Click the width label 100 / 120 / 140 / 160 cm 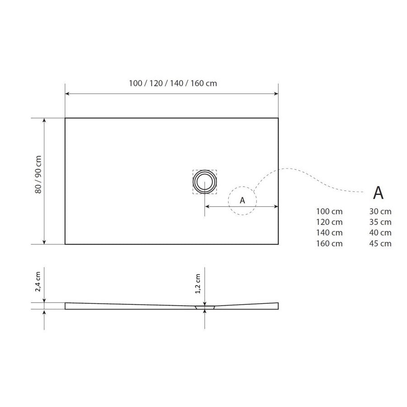pyautogui.click(x=173, y=83)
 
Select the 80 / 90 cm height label pyautogui.click(x=38, y=175)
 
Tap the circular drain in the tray pyautogui.click(x=205, y=182)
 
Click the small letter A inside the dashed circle pyautogui.click(x=242, y=200)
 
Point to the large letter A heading pyautogui.click(x=378, y=193)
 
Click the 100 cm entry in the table pyautogui.click(x=329, y=211)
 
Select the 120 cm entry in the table pyautogui.click(x=329, y=222)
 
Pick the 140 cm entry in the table pyautogui.click(x=329, y=233)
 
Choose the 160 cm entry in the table pyautogui.click(x=329, y=244)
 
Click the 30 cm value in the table pyautogui.click(x=380, y=211)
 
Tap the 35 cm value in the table pyautogui.click(x=380, y=222)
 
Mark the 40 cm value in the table pyautogui.click(x=380, y=233)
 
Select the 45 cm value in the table pyautogui.click(x=380, y=244)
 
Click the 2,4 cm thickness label pyautogui.click(x=38, y=282)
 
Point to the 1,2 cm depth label pyautogui.click(x=198, y=284)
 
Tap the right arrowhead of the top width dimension pyautogui.click(x=276, y=94)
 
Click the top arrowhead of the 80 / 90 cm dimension pyautogui.click(x=44, y=121)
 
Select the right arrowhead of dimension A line pyautogui.click(x=275, y=207)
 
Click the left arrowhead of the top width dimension pyautogui.click(x=67, y=94)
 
